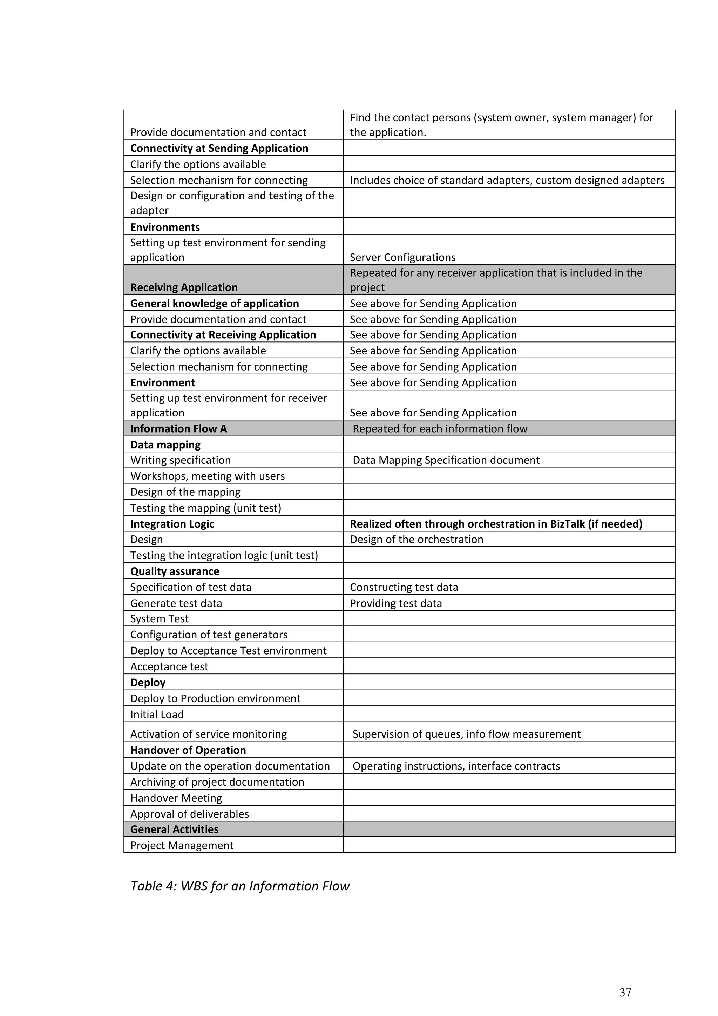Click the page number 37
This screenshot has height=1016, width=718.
click(x=625, y=992)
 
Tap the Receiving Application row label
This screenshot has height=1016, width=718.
click(x=184, y=287)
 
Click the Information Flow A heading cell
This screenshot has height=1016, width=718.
click(x=178, y=428)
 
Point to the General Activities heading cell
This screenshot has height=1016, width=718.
click(x=174, y=829)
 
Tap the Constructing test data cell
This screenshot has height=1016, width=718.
click(x=404, y=587)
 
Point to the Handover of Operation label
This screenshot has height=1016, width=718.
click(x=188, y=750)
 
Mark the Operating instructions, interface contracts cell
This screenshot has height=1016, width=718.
click(x=456, y=766)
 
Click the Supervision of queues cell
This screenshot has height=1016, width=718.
click(x=466, y=734)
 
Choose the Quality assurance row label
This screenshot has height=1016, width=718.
click(x=175, y=571)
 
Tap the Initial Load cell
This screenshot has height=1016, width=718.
click(x=157, y=714)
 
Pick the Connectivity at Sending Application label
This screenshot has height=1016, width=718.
click(x=219, y=148)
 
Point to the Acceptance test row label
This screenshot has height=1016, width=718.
click(x=169, y=666)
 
